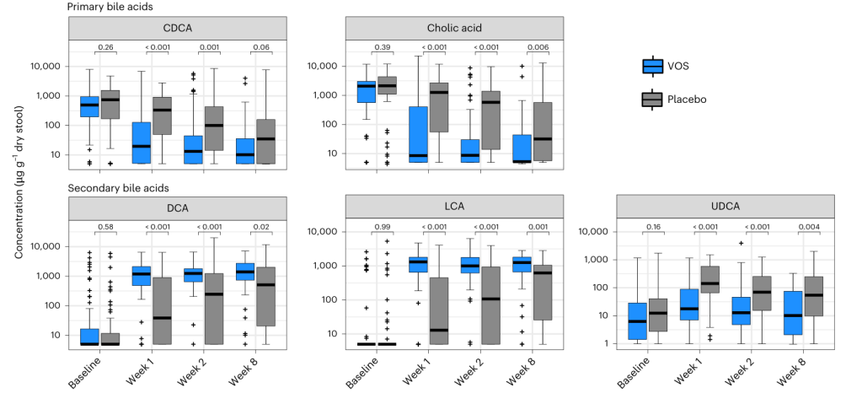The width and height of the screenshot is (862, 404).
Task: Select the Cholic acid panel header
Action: pyautogui.click(x=454, y=27)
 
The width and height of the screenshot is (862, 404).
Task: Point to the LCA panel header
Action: pyautogui.click(x=454, y=207)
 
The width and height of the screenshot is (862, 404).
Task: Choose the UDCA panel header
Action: pyautogui.click(x=725, y=207)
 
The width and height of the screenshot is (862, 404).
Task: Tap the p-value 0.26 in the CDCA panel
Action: pyautogui.click(x=106, y=46)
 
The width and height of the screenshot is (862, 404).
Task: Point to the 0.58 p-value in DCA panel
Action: pyautogui.click(x=106, y=226)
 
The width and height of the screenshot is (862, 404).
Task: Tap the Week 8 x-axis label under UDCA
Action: pyautogui.click(x=787, y=371)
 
